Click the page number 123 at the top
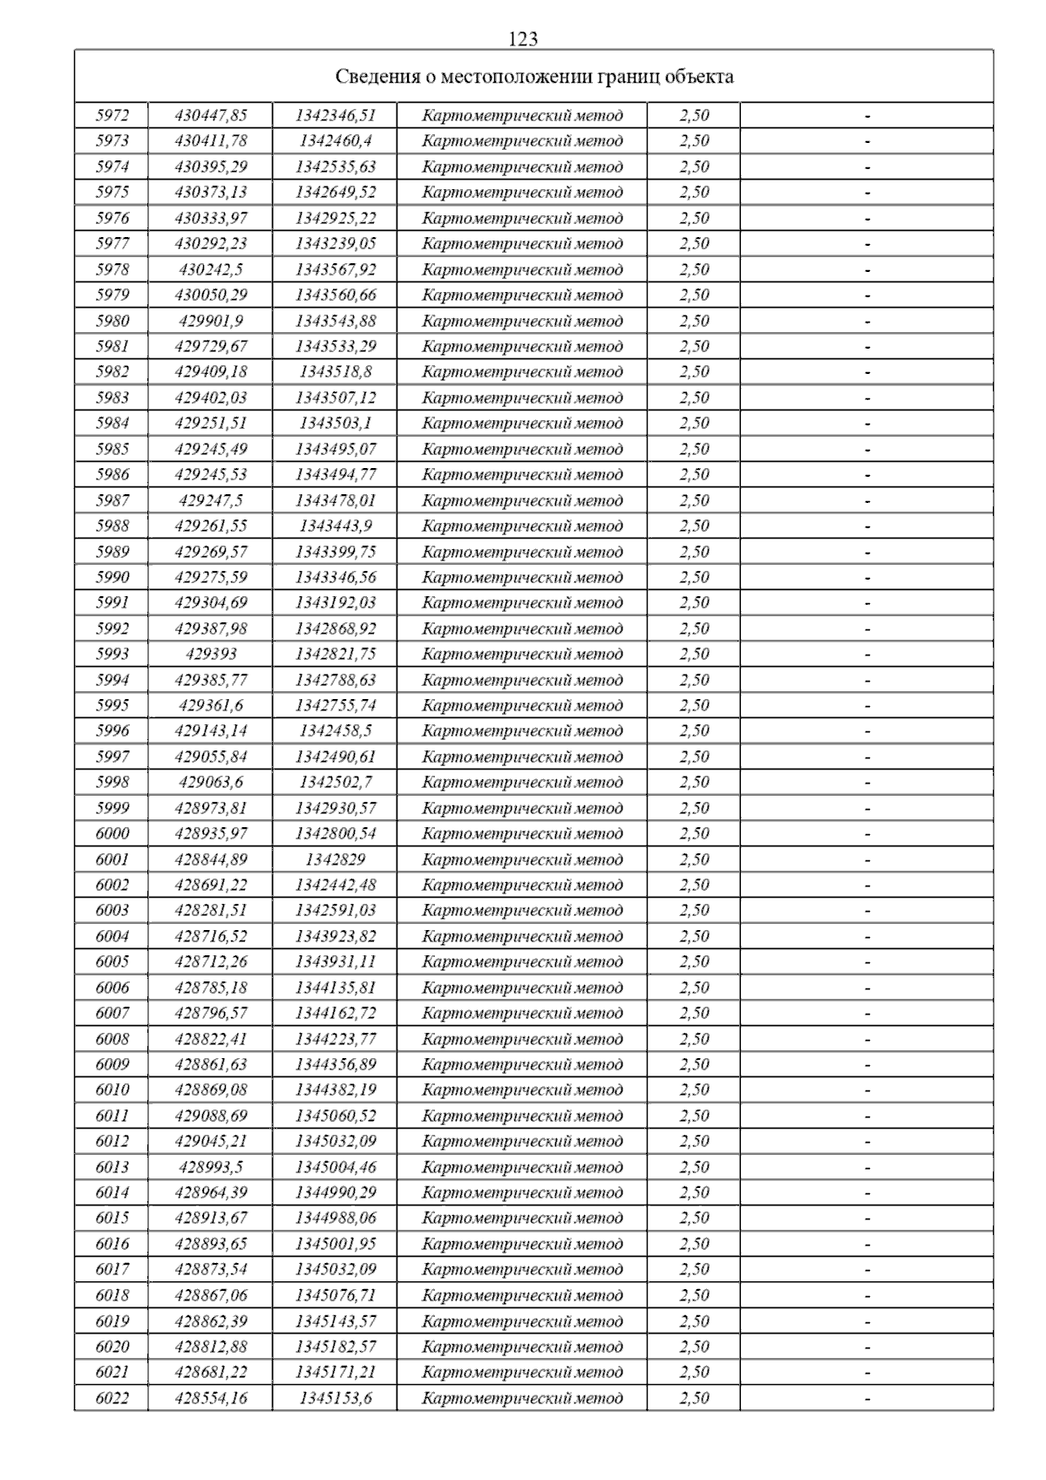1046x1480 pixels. (522, 39)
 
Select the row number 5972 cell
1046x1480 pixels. (112, 115)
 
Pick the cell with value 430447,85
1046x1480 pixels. (211, 115)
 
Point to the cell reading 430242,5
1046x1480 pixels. (211, 269)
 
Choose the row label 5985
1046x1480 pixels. (112, 449)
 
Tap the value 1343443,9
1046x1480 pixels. (336, 526)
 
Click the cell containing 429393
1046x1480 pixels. (211, 654)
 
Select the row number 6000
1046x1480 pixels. (112, 833)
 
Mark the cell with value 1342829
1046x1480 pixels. (336, 859)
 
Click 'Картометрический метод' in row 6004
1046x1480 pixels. (522, 936)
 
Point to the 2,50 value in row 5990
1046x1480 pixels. (694, 577)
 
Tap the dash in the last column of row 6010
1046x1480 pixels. (867, 1090)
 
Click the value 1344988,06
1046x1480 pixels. (336, 1218)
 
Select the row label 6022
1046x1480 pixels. (112, 1398)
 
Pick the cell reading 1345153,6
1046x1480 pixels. (336, 1398)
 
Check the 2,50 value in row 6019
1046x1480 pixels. (694, 1320)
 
